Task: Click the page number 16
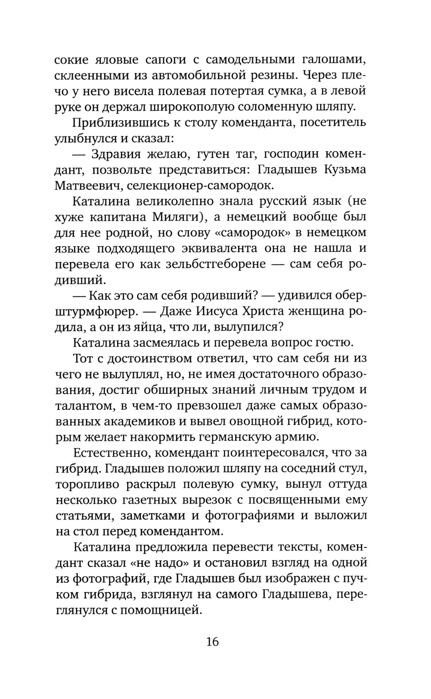click(x=212, y=642)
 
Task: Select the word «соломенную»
click(x=276, y=107)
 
